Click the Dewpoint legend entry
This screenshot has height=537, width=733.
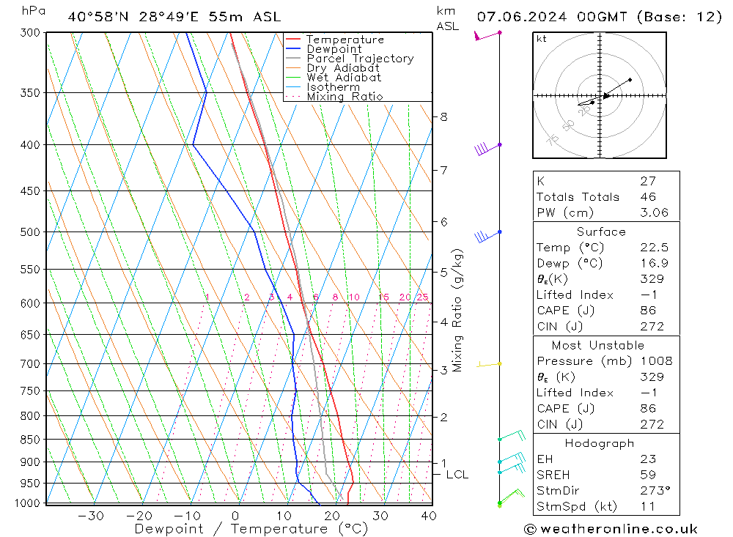(x=334, y=49)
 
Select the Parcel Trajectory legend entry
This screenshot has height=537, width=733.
(x=360, y=59)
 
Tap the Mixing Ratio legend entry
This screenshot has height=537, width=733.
(x=345, y=97)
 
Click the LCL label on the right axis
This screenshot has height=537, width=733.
(x=457, y=475)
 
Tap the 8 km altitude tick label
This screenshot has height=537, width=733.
(x=444, y=116)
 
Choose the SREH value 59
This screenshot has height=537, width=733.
(x=647, y=475)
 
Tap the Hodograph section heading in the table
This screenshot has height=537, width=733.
(x=600, y=443)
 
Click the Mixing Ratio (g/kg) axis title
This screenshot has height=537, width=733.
(x=458, y=310)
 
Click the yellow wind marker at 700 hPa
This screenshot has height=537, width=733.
(x=500, y=363)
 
